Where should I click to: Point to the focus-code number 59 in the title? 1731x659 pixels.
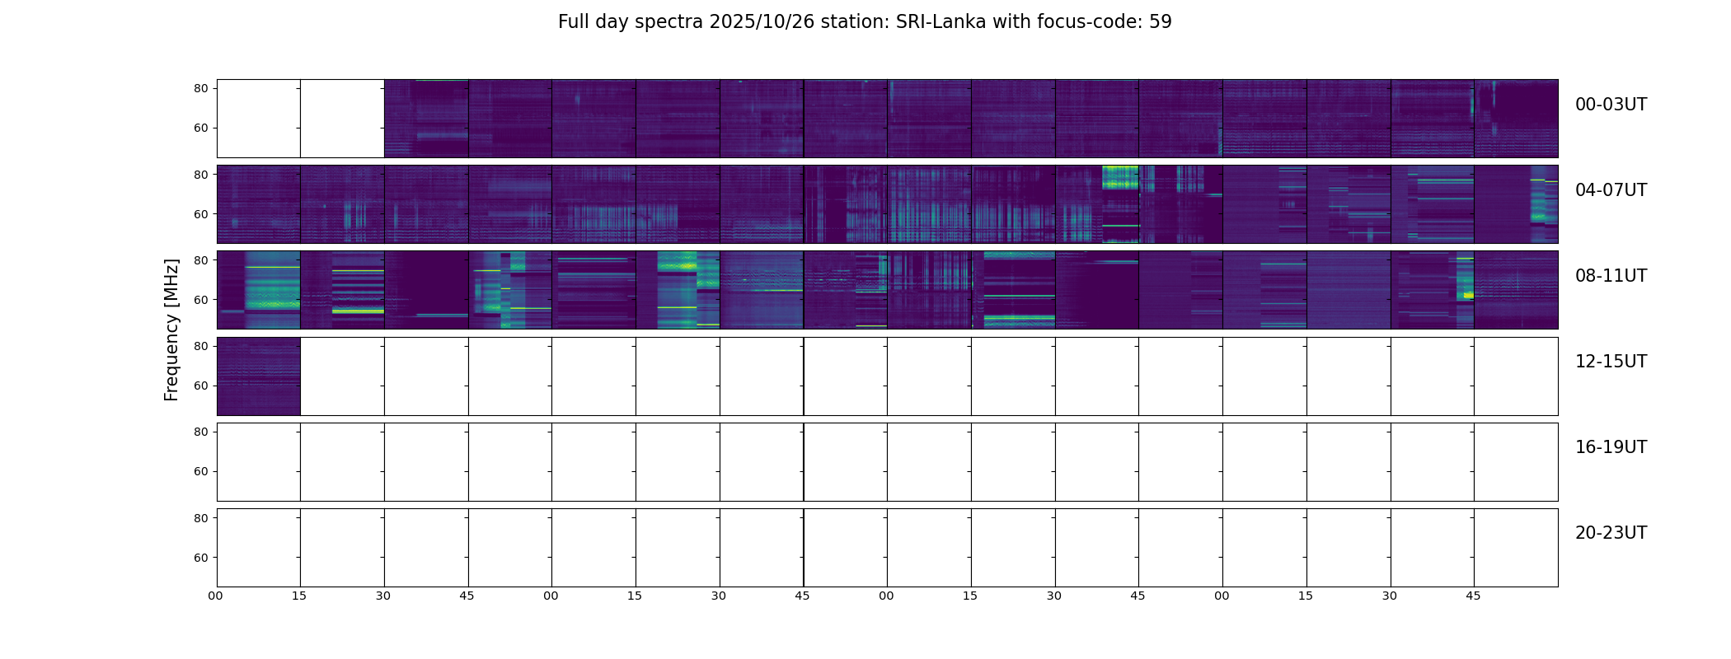point(1160,22)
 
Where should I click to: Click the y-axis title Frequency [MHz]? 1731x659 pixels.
point(171,330)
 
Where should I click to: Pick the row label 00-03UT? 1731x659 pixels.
point(1611,105)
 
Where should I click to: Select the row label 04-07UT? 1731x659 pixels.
point(1611,190)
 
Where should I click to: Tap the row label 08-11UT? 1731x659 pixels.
point(1611,276)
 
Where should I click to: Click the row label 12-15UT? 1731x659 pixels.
point(1611,362)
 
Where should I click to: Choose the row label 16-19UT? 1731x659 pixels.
point(1611,447)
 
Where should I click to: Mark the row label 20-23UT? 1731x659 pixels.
point(1611,533)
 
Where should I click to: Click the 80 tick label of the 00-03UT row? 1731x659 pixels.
point(200,88)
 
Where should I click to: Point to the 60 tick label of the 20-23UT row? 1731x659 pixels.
point(200,558)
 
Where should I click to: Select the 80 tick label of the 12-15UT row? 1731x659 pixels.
point(200,347)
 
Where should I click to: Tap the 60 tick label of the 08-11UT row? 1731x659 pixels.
point(200,300)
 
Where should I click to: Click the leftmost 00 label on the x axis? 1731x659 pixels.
point(216,596)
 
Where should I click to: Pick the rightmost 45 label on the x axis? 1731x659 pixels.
point(1473,596)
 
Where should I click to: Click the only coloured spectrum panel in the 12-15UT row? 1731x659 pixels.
point(258,376)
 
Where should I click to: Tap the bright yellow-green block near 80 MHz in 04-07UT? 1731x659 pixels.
point(1120,177)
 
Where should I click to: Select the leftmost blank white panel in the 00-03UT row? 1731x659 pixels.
point(258,118)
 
